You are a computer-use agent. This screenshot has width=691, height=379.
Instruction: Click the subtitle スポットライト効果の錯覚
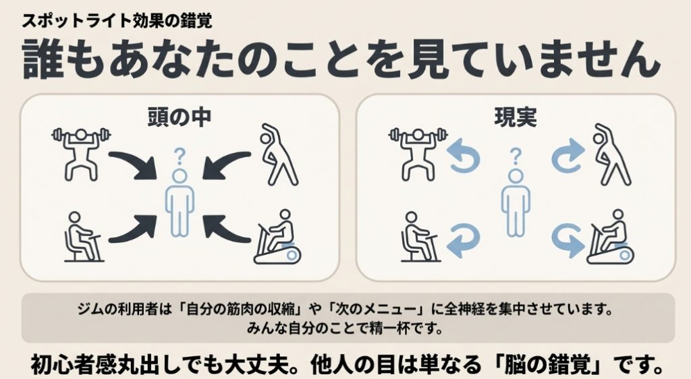(x=117, y=20)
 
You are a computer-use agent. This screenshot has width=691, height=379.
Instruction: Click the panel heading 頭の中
(x=179, y=117)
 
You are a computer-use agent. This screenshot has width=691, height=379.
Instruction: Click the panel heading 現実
(x=516, y=117)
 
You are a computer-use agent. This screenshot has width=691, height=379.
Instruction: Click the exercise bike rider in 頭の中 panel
(x=279, y=237)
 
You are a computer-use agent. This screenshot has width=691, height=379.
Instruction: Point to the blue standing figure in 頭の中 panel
(x=179, y=202)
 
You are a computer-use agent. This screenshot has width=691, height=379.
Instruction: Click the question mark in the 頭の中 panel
(x=179, y=157)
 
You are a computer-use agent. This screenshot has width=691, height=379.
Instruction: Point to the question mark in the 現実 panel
(x=516, y=157)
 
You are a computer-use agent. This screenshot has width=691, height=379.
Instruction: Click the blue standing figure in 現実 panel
(x=516, y=202)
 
